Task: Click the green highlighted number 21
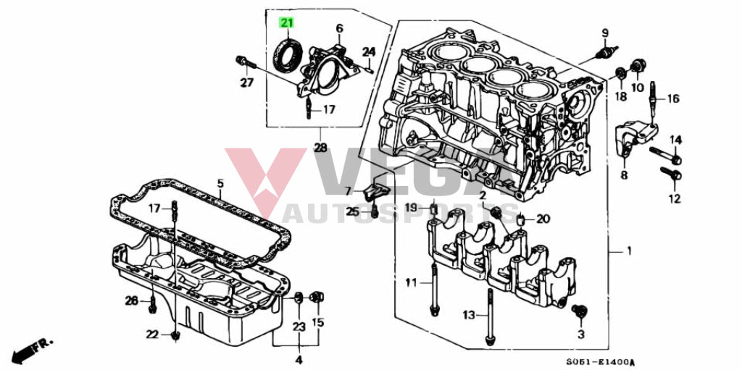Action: (287, 23)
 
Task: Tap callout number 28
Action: (320, 148)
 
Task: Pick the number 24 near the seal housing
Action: (369, 52)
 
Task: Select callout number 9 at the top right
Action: (604, 33)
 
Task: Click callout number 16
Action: (674, 98)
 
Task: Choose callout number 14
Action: (675, 140)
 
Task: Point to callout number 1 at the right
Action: (628, 251)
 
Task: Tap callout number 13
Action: (469, 315)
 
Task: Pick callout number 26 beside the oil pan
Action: (131, 300)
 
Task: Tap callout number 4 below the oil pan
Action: (298, 358)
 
